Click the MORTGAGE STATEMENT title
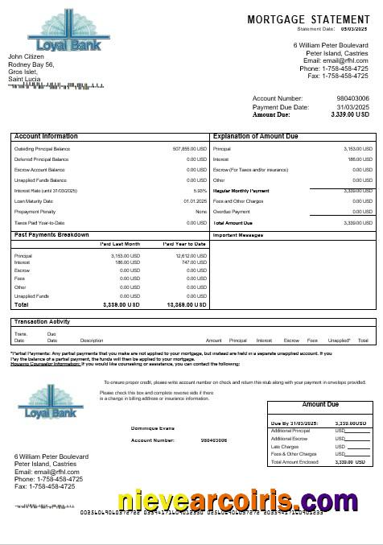tap(310, 19)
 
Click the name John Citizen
tap(26, 56)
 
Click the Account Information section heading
tap(46, 137)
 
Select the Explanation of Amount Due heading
tap(257, 137)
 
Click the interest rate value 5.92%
tap(200, 190)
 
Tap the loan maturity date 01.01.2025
tap(195, 200)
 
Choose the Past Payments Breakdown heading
tap(51, 234)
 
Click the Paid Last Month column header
tap(120, 243)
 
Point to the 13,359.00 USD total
tap(187, 305)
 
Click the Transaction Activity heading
tap(43, 321)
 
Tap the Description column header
tap(92, 341)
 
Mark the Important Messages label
tap(238, 235)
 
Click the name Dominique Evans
tap(152, 428)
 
